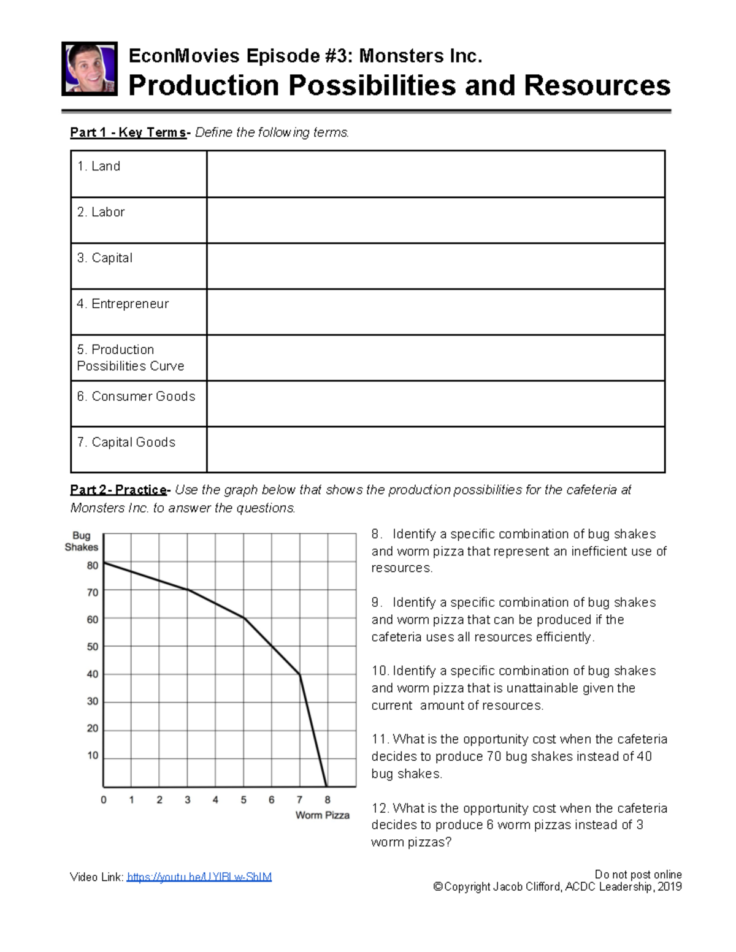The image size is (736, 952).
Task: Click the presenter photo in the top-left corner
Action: [90, 69]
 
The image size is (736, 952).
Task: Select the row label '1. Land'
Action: [99, 166]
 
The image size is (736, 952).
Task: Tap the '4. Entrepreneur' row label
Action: [123, 304]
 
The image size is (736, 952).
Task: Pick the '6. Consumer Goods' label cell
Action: [136, 397]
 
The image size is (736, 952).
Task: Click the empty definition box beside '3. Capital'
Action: [435, 266]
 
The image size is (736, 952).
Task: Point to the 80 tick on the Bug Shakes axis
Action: [93, 565]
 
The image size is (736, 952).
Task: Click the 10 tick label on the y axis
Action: [93, 755]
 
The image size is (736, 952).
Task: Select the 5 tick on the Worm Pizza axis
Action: [243, 800]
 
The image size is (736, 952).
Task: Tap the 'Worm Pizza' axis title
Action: [322, 815]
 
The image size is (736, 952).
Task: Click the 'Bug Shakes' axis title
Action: [82, 541]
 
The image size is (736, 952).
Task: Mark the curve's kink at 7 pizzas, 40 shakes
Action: [300, 674]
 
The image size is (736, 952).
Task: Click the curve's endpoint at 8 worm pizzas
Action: [327, 786]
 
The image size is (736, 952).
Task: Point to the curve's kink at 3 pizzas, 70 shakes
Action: [188, 590]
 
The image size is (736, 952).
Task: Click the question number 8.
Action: [376, 534]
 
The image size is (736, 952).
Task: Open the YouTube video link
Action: [199, 877]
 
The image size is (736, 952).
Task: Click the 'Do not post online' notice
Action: [638, 875]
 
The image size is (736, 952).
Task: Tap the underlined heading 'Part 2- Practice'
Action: [118, 490]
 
